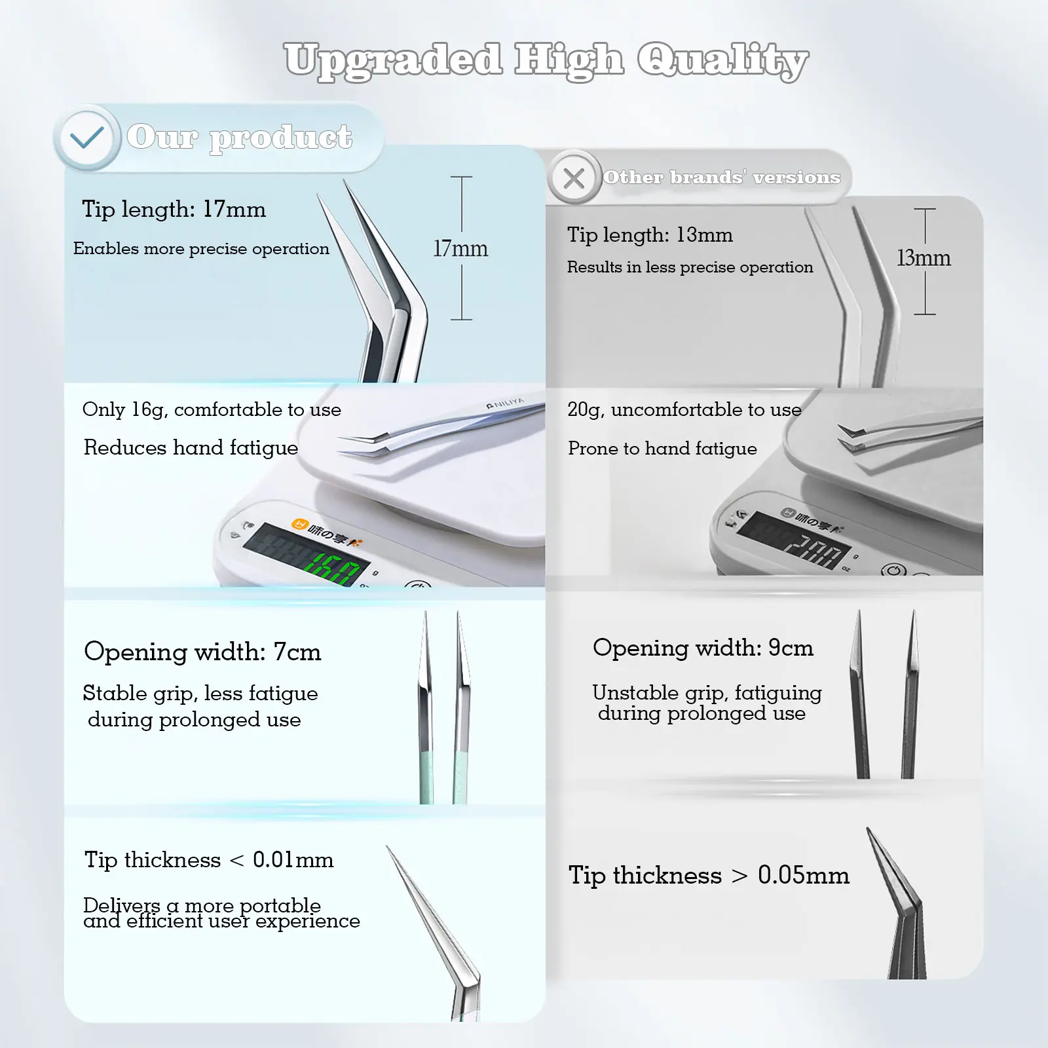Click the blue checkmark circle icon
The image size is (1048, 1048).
pyautogui.click(x=86, y=138)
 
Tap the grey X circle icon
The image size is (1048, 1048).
pyautogui.click(x=574, y=178)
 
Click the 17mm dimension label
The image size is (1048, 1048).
pyautogui.click(x=460, y=249)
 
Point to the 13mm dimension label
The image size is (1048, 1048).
pyautogui.click(x=924, y=258)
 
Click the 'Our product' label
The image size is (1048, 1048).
pyautogui.click(x=239, y=138)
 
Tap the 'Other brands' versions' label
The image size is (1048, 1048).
pyautogui.click(x=721, y=178)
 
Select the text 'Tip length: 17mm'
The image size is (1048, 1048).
pyautogui.click(x=174, y=210)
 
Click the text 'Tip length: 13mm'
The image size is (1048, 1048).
pyautogui.click(x=650, y=235)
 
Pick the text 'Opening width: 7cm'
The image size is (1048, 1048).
pyautogui.click(x=202, y=652)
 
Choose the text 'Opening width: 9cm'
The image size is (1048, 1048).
pyautogui.click(x=703, y=648)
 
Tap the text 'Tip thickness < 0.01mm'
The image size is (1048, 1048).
pyautogui.click(x=209, y=860)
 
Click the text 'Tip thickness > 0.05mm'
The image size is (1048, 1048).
pyautogui.click(x=709, y=876)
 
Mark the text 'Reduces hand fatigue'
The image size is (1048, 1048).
pyautogui.click(x=191, y=448)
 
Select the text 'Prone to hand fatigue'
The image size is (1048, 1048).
pyautogui.click(x=662, y=449)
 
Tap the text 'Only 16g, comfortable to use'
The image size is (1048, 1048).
pyautogui.click(x=212, y=410)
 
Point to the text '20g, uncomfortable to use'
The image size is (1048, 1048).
pyautogui.click(x=684, y=410)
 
